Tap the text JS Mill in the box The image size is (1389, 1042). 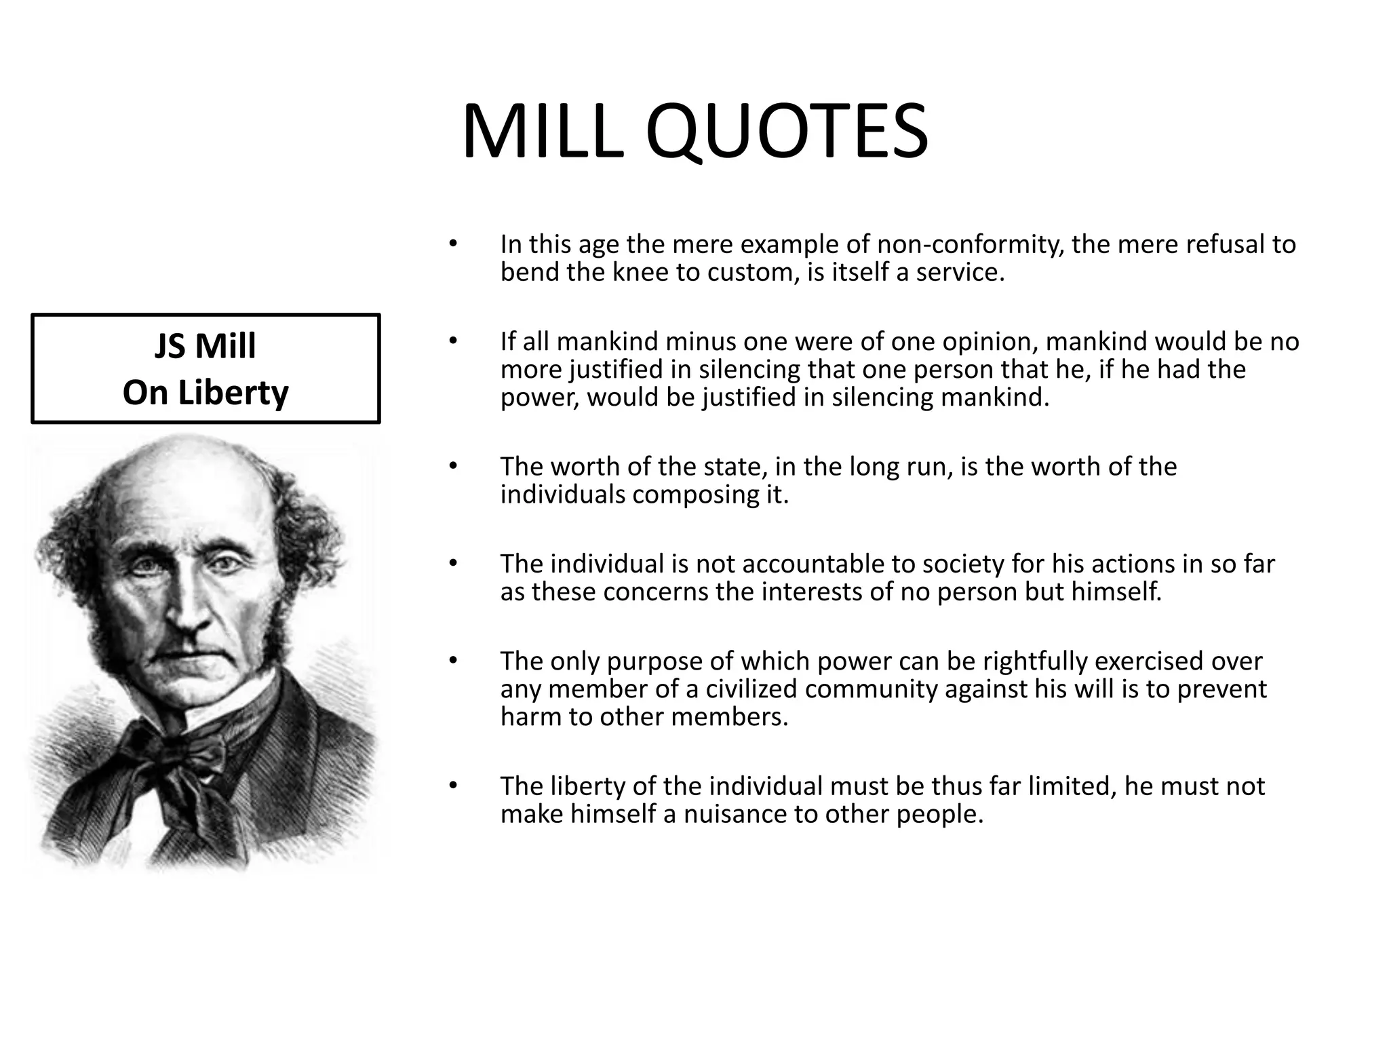click(205, 346)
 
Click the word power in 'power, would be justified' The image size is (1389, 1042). click(539, 398)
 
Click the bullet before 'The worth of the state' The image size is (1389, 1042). click(453, 467)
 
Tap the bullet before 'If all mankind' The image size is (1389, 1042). click(453, 341)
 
